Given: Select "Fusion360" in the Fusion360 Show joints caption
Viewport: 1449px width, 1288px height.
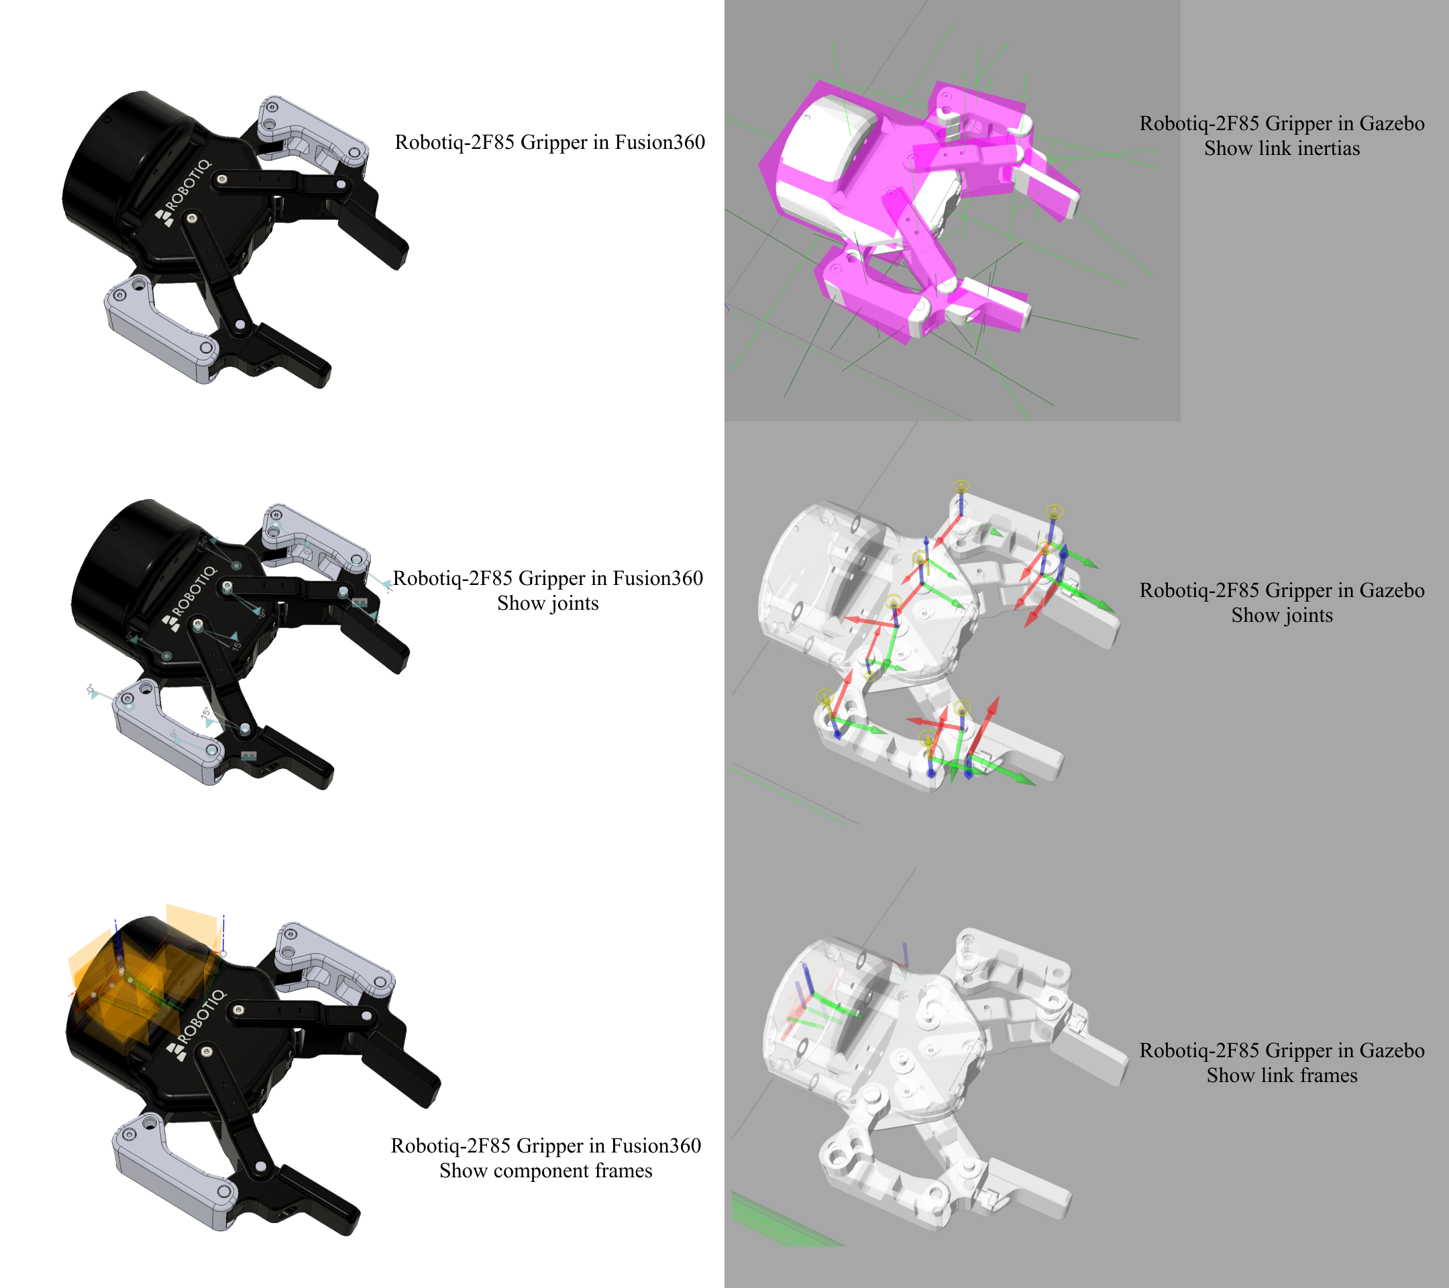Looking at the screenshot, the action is (x=658, y=578).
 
